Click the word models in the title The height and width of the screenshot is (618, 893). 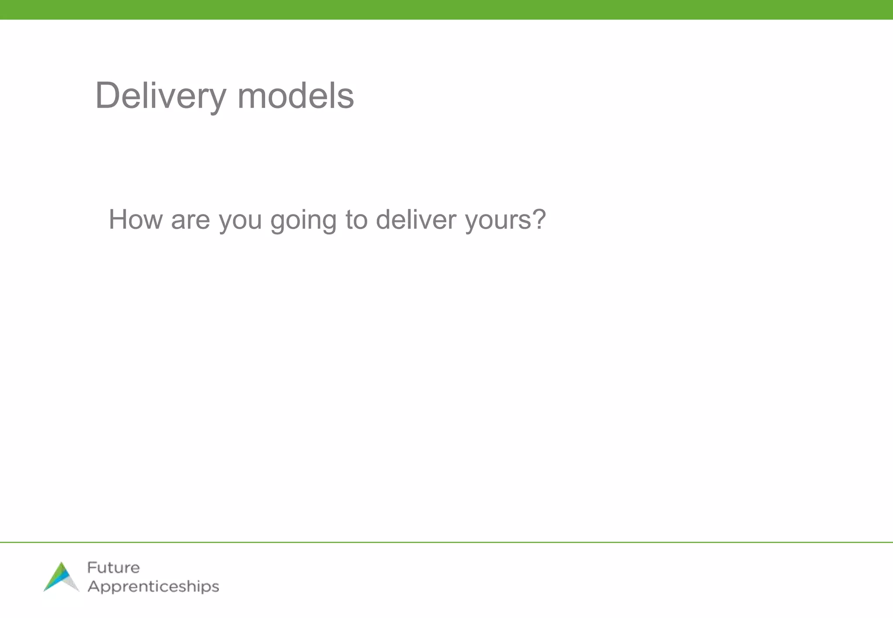[x=295, y=96]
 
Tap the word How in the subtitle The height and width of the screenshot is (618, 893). [x=136, y=219]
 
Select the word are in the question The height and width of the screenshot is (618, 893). [x=191, y=220]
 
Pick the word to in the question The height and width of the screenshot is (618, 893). [x=357, y=220]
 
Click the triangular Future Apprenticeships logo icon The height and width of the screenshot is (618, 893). [x=61, y=577]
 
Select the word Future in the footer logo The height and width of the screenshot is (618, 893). [x=113, y=567]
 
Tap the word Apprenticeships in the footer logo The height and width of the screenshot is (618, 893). [x=153, y=587]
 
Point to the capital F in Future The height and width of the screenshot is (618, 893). [x=91, y=567]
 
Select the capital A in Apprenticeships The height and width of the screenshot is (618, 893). [x=93, y=586]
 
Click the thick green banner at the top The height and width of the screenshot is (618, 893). [x=446, y=10]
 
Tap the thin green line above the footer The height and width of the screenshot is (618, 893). [x=446, y=542]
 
